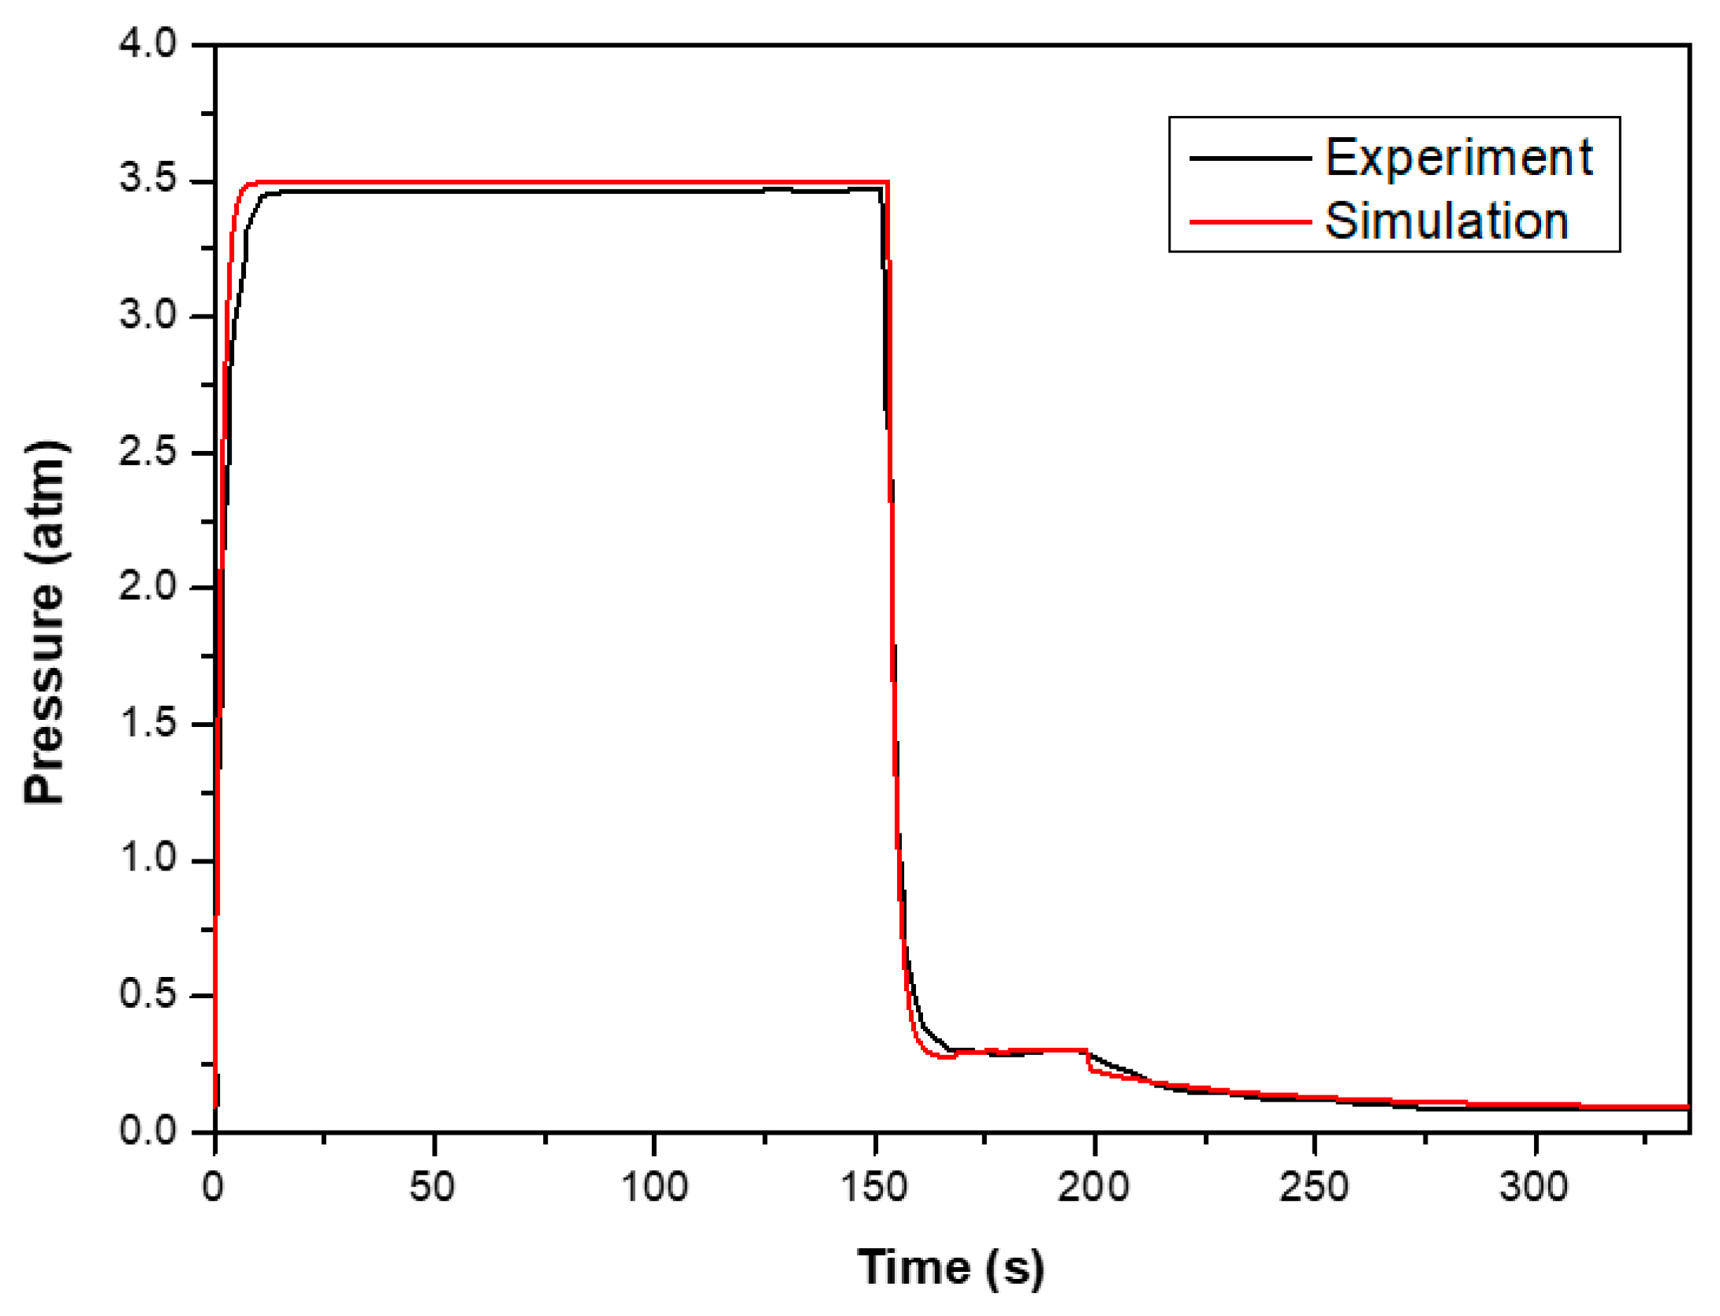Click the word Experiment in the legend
tap(1458, 158)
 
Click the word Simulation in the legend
tap(1446, 221)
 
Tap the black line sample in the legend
tap(1249, 158)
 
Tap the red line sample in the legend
tap(1249, 222)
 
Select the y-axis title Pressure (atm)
tap(46, 623)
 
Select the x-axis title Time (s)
tap(951, 1268)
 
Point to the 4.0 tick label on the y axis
tap(148, 43)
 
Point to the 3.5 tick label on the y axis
tap(148, 179)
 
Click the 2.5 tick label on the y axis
tap(148, 452)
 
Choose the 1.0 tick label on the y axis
tap(148, 858)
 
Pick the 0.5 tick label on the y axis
tap(148, 994)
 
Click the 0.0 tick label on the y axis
tap(148, 1131)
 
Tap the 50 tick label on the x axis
tap(432, 1187)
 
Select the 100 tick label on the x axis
tap(654, 1187)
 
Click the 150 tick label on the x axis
tap(874, 1187)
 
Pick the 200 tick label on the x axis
tap(1093, 1187)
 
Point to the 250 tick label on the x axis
tap(1314, 1187)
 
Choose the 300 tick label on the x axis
tap(1534, 1187)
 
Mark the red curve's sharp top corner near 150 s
tap(888, 183)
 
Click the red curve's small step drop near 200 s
tap(1089, 1061)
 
